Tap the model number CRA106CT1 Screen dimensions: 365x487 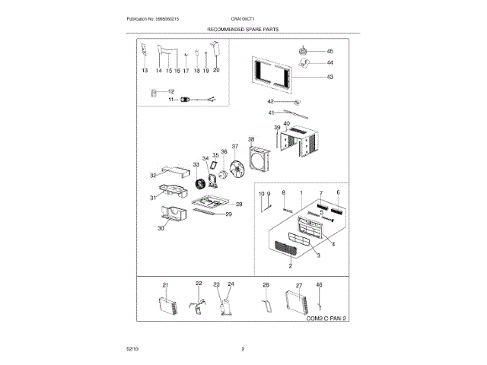click(x=243, y=17)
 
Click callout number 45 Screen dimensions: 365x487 click(x=329, y=51)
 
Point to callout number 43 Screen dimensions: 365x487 click(x=329, y=77)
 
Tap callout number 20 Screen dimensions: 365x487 click(x=215, y=70)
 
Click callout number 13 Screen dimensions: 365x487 click(x=145, y=70)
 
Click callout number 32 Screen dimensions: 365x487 click(x=153, y=176)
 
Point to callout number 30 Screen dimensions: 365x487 click(x=161, y=228)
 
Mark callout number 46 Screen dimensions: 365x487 click(x=320, y=284)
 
